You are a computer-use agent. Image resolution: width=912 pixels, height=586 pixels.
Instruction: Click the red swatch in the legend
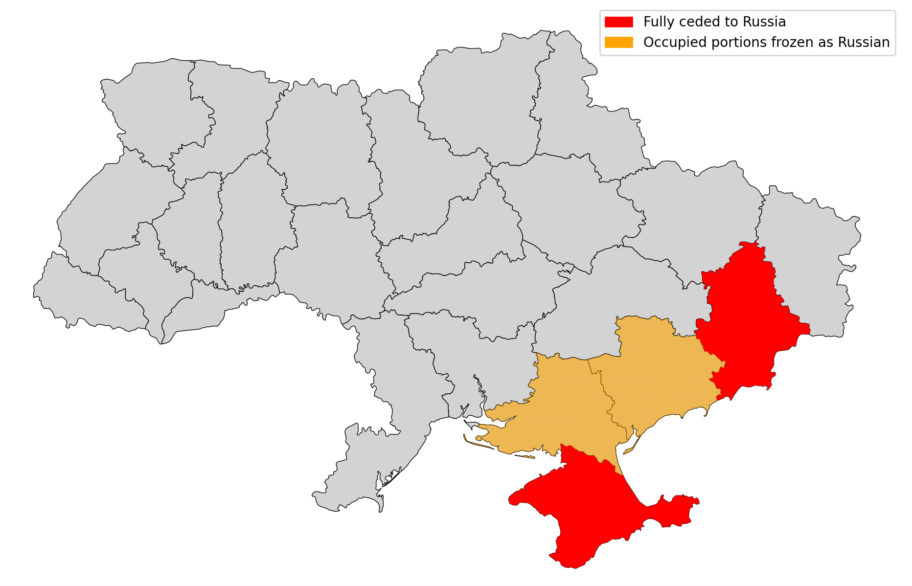point(618,22)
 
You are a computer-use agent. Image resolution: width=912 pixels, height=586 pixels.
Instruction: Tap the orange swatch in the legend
point(618,43)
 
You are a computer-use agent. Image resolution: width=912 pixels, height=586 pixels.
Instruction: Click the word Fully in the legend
point(656,22)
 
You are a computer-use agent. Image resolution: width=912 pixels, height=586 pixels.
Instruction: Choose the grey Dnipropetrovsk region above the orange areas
point(612,303)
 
